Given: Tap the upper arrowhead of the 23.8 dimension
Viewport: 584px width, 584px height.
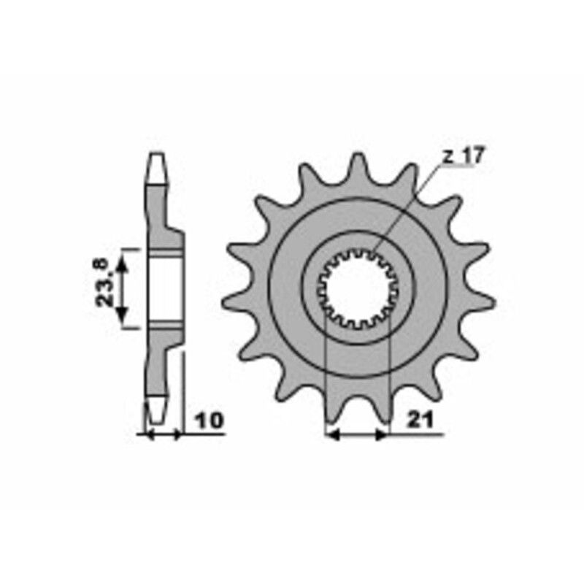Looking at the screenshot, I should coord(123,256).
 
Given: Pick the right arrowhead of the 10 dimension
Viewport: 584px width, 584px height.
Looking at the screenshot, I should coord(176,434).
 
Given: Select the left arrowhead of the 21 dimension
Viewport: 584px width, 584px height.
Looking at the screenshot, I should coord(330,435).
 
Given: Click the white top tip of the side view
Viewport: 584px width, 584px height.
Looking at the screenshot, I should coord(156,168).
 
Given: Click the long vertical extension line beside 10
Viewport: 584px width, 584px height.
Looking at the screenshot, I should coord(182,394).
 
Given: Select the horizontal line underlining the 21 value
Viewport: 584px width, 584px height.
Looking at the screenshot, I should coord(416,435).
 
